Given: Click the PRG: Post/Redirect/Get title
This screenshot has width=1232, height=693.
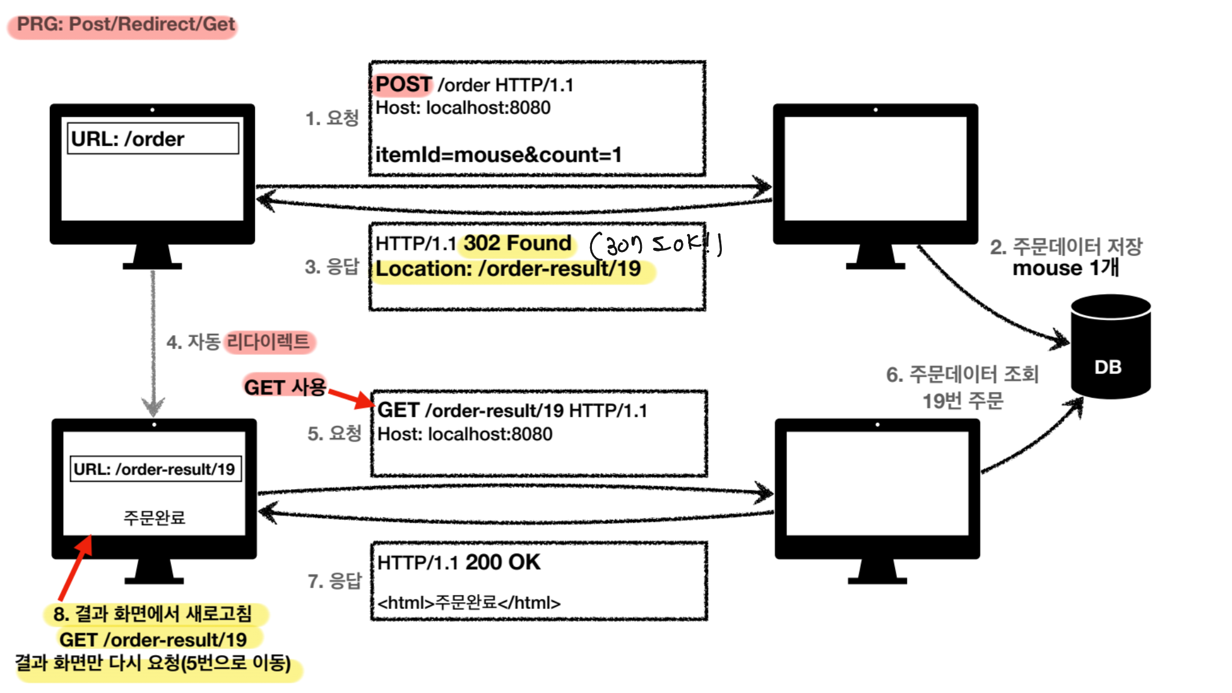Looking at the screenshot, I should tap(125, 25).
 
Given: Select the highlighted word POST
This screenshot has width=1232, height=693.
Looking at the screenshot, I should tap(403, 84).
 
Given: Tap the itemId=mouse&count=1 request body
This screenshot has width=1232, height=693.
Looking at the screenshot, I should tap(498, 155).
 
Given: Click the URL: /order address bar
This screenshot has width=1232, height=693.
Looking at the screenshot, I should tap(153, 139).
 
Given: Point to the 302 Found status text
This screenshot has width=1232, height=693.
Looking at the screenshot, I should tap(517, 243).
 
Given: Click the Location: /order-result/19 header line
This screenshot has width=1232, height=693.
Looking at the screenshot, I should tap(508, 269).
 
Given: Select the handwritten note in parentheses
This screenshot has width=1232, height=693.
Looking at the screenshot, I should tap(656, 244).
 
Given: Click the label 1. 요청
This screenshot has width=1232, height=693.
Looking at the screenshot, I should tap(332, 118).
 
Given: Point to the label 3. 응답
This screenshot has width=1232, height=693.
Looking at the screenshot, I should tap(332, 266).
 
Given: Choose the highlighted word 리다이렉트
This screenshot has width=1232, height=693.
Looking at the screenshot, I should tap(268, 342).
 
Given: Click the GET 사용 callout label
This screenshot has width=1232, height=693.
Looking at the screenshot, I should tap(285, 387).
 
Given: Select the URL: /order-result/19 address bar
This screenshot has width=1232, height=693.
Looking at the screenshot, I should tap(155, 469).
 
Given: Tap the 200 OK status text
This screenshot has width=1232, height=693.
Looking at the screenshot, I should tap(503, 562).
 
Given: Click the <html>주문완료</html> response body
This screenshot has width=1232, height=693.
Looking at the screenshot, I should tap(469, 602).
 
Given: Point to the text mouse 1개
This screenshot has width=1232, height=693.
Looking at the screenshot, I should tap(1065, 268).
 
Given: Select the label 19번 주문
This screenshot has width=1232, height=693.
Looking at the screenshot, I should tap(962, 401).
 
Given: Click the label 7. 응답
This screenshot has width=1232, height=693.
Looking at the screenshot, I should tap(334, 581).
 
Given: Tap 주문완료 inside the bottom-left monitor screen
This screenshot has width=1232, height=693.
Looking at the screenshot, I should tap(154, 517).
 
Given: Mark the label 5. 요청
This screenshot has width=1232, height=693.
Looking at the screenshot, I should tap(334, 433).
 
